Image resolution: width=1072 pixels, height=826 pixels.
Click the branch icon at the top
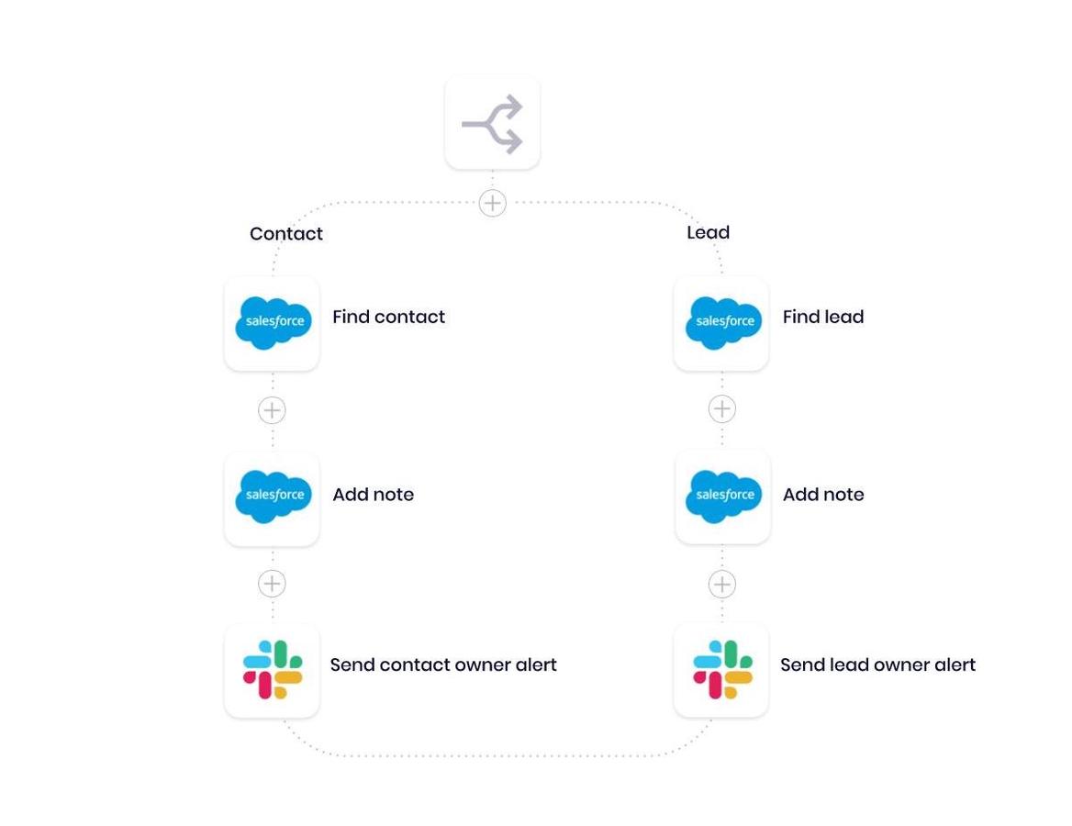[492, 123]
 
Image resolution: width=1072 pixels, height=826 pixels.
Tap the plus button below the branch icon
[493, 203]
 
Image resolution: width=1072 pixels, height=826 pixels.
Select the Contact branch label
[286, 234]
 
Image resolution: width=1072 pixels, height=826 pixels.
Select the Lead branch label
[708, 233]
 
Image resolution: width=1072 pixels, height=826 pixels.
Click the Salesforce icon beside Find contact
[273, 323]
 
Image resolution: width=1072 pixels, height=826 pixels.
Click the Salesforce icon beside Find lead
[722, 323]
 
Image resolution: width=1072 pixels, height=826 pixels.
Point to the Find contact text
[388, 317]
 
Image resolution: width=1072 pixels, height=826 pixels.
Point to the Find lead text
[822, 317]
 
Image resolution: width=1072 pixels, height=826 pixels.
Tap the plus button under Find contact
[272, 410]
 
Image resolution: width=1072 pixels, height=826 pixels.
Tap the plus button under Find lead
[722, 409]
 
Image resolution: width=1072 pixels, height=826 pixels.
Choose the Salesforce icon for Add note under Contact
[273, 497]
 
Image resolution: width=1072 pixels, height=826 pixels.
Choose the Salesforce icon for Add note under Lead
[722, 497]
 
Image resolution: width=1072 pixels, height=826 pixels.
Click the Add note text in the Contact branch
[373, 495]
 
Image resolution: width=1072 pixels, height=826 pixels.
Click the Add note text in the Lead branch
[822, 495]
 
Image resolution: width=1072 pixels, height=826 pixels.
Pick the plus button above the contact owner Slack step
[272, 584]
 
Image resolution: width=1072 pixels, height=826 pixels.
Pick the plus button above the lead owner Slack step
[722, 584]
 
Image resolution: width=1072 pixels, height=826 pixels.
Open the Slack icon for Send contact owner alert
[273, 670]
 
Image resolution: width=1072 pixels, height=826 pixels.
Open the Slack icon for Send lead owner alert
[722, 670]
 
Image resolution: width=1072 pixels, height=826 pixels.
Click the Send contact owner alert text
[443, 664]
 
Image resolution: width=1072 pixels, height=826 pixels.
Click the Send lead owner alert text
[877, 664]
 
